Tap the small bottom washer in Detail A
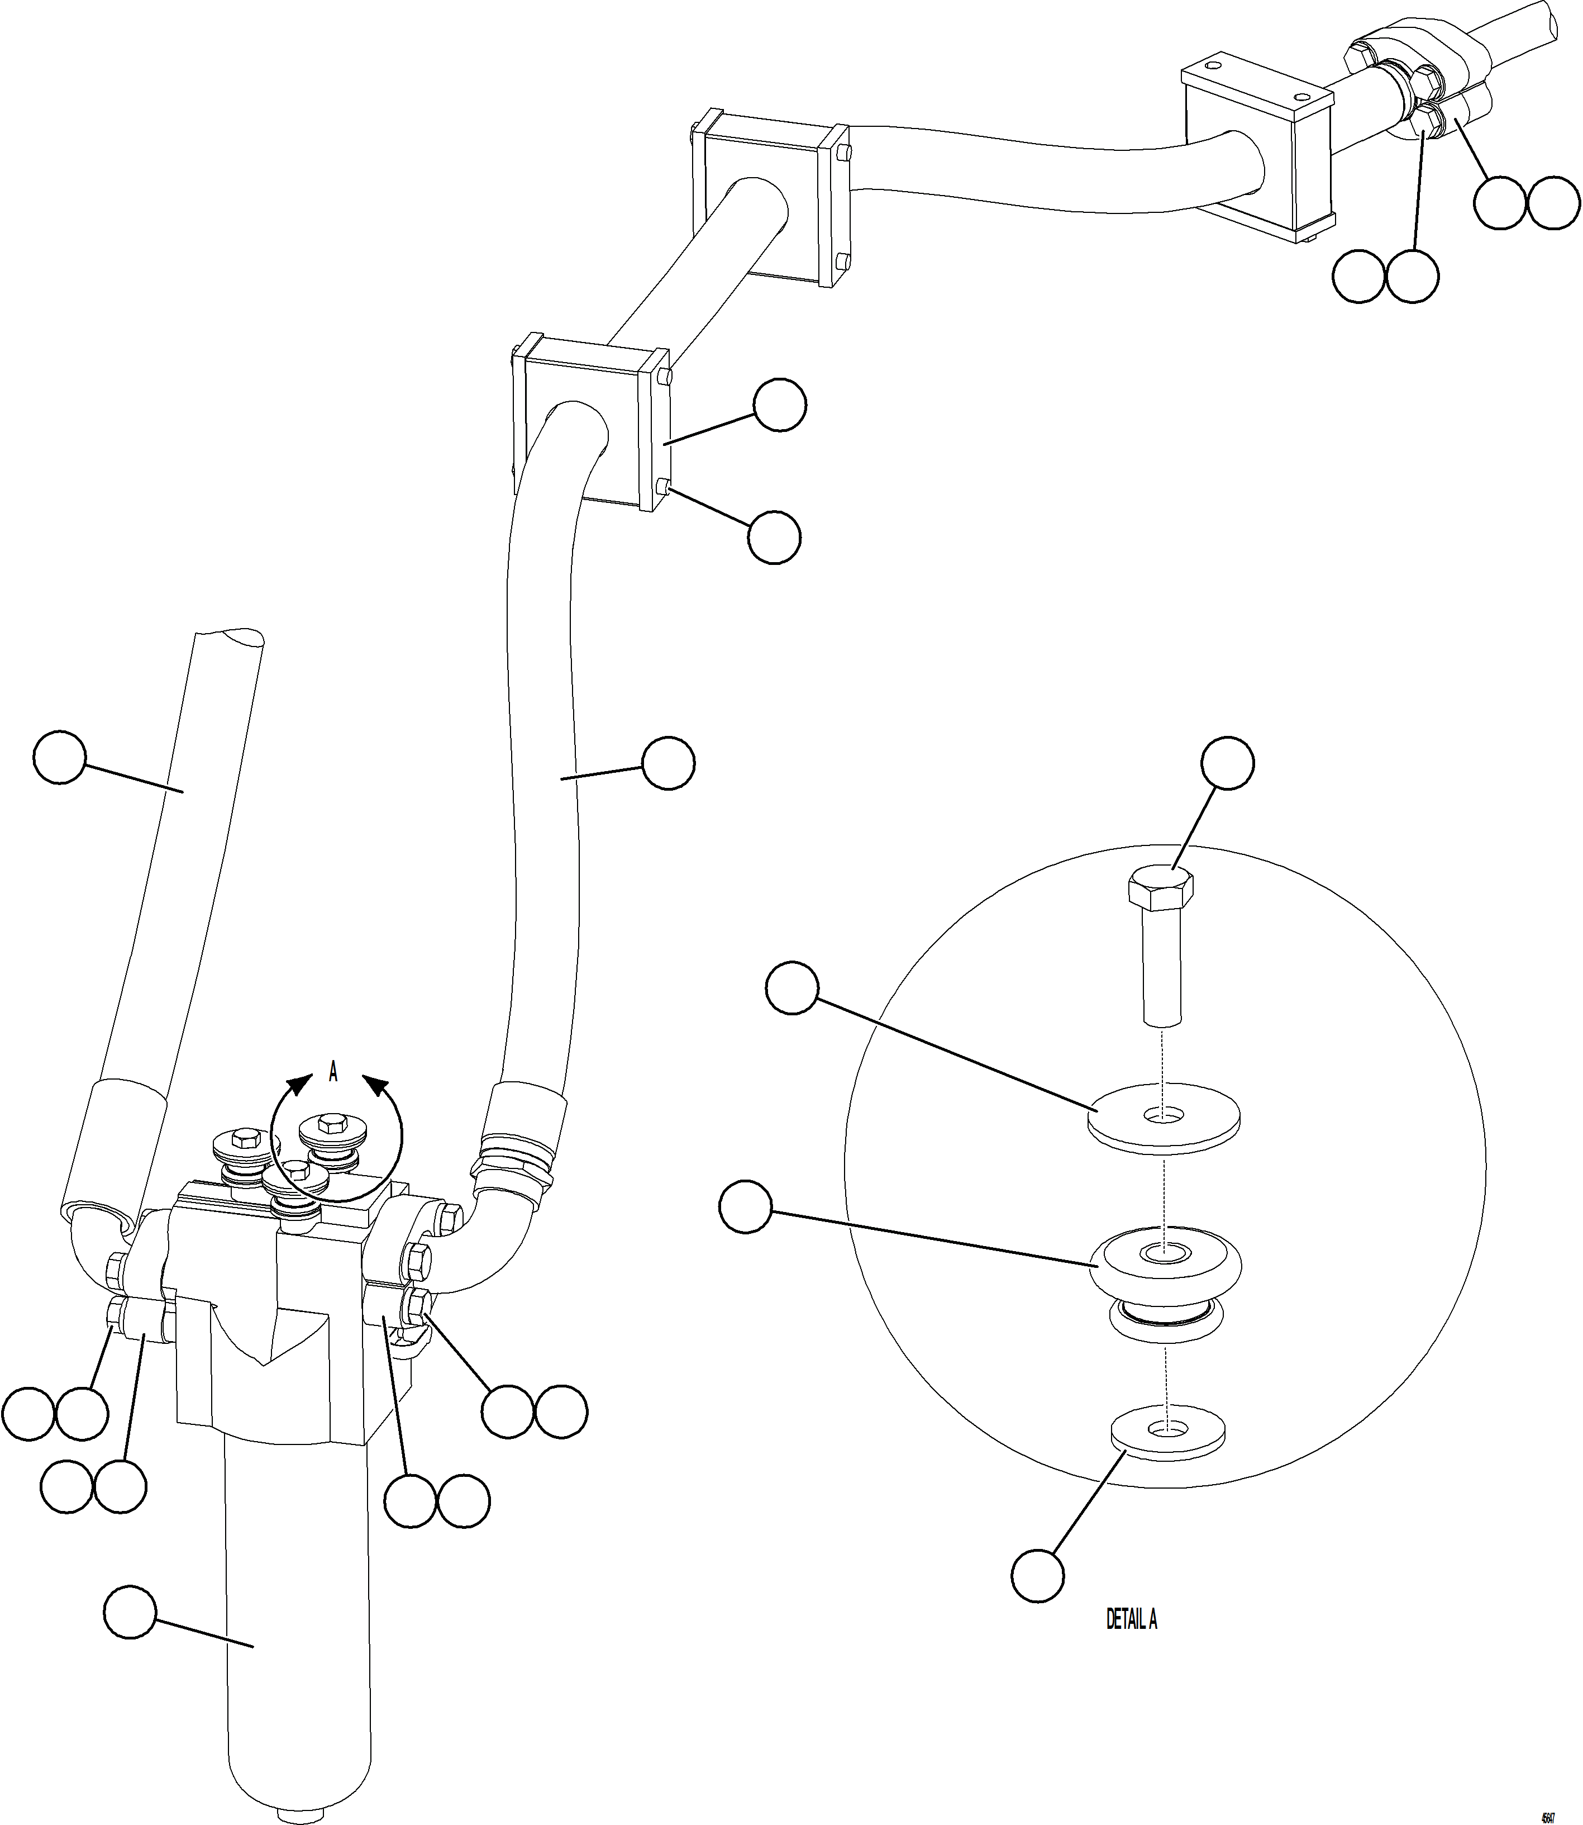click(1166, 1431)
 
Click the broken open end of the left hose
click(230, 639)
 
